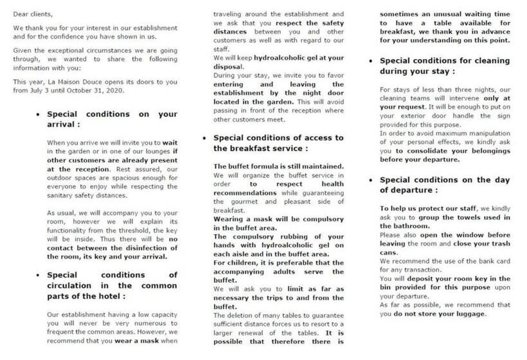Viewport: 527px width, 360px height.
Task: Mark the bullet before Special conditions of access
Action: pos(204,138)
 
